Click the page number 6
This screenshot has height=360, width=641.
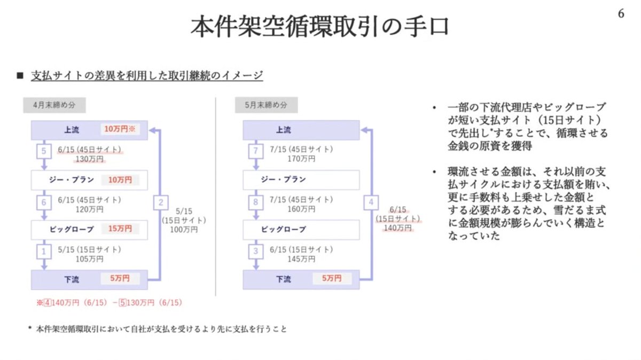pos(621,14)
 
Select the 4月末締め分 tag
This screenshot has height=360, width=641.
pos(54,105)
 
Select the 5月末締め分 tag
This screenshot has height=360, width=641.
pos(266,105)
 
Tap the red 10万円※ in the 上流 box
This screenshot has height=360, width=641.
pos(121,130)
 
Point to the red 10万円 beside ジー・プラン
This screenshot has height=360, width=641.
pos(120,179)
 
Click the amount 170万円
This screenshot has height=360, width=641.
pos(301,158)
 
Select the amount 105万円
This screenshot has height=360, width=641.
pos(90,259)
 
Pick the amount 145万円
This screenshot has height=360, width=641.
pos(301,259)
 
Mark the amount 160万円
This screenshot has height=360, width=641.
pos(301,209)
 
